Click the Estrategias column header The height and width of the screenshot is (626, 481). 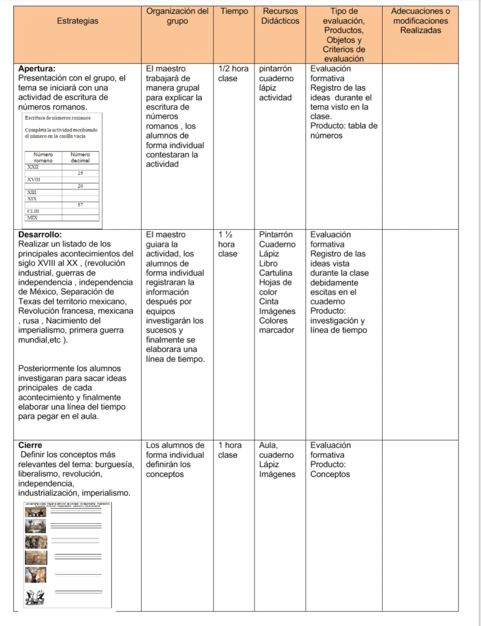click(78, 21)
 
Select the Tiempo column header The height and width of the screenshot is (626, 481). click(234, 11)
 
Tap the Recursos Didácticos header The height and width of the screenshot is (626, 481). click(280, 16)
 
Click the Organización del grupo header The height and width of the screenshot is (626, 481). click(177, 16)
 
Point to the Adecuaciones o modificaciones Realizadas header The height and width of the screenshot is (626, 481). click(420, 21)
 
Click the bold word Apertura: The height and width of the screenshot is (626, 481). click(41, 68)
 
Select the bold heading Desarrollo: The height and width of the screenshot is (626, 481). click(40, 234)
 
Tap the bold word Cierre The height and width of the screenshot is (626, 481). click(31, 445)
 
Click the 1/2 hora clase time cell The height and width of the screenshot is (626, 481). click(233, 73)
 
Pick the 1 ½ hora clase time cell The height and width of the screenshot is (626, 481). click(228, 244)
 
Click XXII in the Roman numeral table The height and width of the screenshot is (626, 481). click(33, 166)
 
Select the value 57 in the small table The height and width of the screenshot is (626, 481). click(80, 204)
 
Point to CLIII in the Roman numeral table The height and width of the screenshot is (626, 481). click(33, 211)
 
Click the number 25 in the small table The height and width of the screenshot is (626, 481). click(80, 173)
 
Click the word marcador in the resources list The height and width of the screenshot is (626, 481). click(277, 330)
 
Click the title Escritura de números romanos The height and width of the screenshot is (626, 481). click(58, 117)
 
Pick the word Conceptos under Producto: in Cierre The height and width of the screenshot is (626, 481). click(330, 474)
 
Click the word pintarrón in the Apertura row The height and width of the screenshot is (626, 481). click(276, 68)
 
